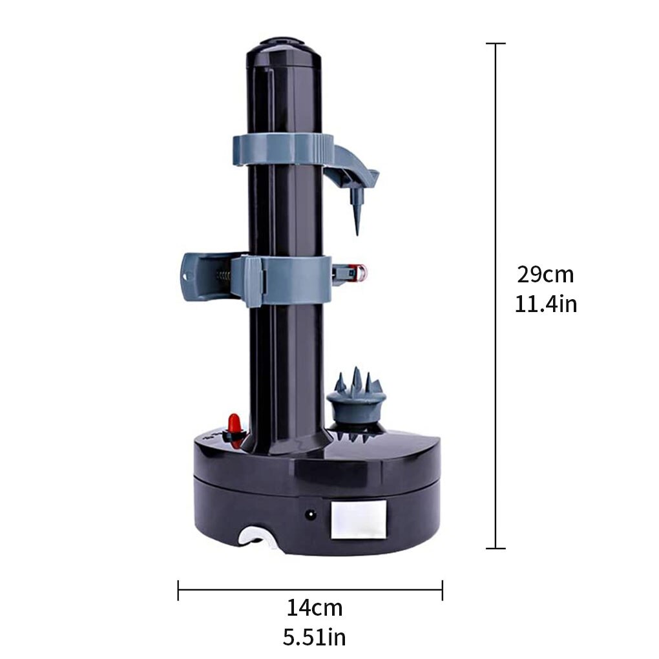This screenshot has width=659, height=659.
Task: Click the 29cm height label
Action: [545, 275]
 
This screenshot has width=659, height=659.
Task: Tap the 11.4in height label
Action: [545, 304]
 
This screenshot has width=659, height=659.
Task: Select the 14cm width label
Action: [315, 608]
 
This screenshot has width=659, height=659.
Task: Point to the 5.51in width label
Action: [315, 638]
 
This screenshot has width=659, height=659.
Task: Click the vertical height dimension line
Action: [496, 194]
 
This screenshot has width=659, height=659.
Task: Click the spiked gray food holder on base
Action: [355, 397]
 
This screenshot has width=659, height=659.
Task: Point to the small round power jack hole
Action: [311, 515]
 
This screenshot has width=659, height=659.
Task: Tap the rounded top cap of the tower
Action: [284, 48]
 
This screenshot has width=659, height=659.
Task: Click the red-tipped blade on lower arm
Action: [353, 274]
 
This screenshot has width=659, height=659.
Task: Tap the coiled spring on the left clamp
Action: [222, 275]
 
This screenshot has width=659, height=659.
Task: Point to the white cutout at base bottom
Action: [256, 538]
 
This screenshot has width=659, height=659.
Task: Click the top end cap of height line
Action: [496, 43]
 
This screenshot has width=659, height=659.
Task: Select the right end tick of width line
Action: [442, 589]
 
